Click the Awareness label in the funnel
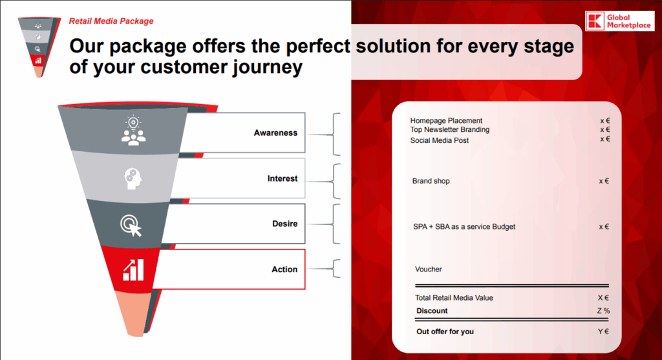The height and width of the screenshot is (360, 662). point(275,133)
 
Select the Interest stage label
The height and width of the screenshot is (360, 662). point(283,178)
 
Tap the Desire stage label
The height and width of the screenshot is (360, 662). point(284,224)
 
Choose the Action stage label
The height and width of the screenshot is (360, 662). point(284,270)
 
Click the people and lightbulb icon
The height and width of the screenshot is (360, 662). point(133,131)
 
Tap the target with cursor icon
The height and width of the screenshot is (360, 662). point(131,225)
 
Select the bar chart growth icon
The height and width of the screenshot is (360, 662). point(133,269)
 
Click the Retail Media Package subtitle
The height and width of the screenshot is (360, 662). point(111,21)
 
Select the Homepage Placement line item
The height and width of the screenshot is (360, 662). point(446,121)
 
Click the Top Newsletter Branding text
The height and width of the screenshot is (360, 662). point(449,130)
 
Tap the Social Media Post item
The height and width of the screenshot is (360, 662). point(440,140)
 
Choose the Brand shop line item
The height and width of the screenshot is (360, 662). point(431,182)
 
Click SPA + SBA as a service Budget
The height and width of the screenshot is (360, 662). point(464,227)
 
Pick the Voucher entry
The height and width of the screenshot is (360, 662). point(429,270)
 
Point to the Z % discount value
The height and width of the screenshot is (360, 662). point(603,311)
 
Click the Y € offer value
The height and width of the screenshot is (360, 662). point(604,332)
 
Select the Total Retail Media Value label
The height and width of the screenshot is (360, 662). point(454,298)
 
